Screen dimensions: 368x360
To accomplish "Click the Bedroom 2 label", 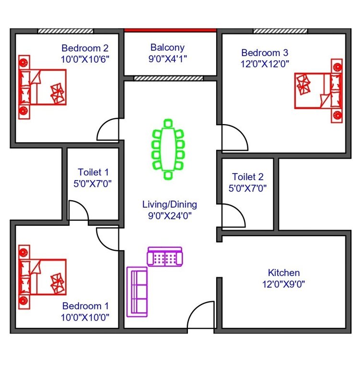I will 85,48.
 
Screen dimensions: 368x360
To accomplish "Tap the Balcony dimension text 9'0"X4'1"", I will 167,58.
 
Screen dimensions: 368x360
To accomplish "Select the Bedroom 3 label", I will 265,52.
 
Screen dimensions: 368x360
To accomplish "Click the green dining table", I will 168,149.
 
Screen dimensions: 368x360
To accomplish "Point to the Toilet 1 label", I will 93,172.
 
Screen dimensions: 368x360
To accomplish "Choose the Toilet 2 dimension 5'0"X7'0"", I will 248,188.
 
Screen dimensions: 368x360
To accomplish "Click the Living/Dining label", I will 170,205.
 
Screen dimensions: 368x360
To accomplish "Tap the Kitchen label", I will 284,273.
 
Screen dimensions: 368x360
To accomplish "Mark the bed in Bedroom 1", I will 43,277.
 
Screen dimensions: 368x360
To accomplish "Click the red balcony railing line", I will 170,30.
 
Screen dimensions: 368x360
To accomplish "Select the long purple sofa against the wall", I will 137,292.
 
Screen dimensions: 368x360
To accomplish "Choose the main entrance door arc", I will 201,314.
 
